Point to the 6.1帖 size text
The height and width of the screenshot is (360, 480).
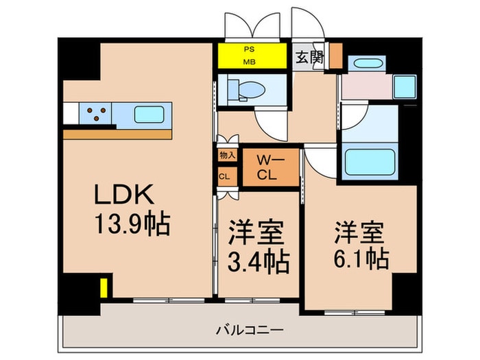(361, 259)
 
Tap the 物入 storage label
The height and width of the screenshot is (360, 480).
(227, 156)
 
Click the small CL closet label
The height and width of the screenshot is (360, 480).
(224, 176)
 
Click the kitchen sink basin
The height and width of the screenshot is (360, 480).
(148, 113)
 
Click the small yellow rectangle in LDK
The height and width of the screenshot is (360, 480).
(104, 287)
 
